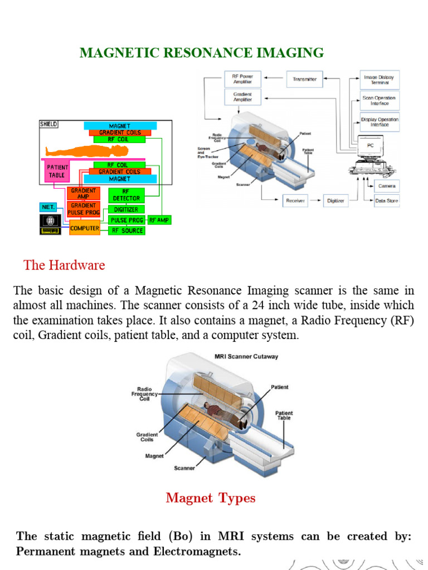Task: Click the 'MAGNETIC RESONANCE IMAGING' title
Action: [201, 53]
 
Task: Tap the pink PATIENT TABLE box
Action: [57, 171]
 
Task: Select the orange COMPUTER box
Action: [84, 228]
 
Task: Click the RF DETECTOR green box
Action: [127, 194]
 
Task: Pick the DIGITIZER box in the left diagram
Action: [127, 209]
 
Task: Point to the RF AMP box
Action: [159, 220]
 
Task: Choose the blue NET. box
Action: [48, 207]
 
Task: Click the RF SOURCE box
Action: [127, 230]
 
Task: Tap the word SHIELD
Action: [48, 124]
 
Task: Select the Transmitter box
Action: [304, 79]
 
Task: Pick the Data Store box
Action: [386, 200]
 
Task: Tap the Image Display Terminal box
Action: [379, 80]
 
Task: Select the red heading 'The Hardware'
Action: [64, 265]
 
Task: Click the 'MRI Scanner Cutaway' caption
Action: [246, 357]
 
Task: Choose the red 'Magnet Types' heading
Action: [211, 498]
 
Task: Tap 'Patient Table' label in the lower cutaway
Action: [284, 415]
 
